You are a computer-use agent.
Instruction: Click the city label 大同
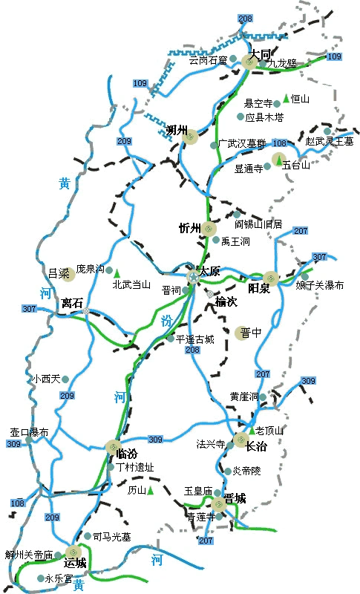pyautogui.click(x=260, y=54)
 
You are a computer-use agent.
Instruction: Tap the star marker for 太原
pyautogui.click(x=194, y=276)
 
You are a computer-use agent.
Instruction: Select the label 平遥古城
pyautogui.click(x=194, y=339)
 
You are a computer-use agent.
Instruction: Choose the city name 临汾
pyautogui.click(x=128, y=453)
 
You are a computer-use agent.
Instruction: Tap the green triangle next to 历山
pyautogui.click(x=150, y=490)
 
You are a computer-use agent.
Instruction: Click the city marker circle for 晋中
pyautogui.click(x=243, y=333)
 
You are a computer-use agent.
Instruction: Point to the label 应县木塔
pyautogui.click(x=264, y=117)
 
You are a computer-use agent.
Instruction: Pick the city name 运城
pyautogui.click(x=75, y=562)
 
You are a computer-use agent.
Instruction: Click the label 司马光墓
pyautogui.click(x=112, y=536)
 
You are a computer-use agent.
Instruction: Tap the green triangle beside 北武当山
pyautogui.click(x=117, y=272)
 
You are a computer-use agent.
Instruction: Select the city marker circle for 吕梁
pyautogui.click(x=69, y=276)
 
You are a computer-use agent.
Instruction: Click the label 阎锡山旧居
pyautogui.click(x=258, y=223)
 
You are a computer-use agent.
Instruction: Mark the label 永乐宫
pyautogui.click(x=59, y=578)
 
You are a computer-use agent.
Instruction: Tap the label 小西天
pyautogui.click(x=45, y=379)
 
